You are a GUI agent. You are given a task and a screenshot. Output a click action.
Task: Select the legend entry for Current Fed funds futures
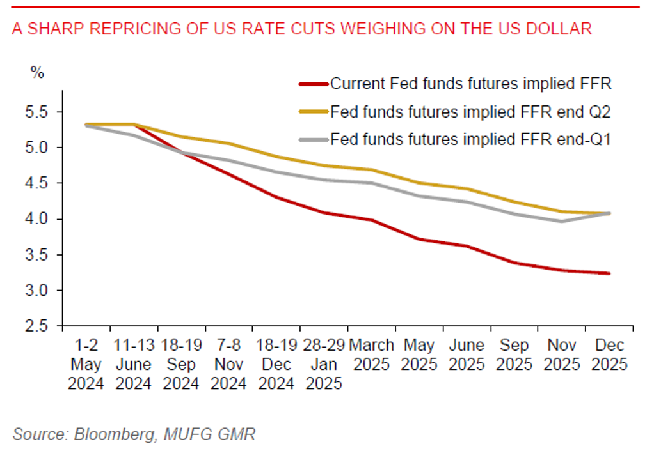470,84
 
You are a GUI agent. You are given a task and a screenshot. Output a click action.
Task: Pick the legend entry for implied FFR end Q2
471,112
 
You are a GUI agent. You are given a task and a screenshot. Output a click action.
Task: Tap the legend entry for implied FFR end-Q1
471,139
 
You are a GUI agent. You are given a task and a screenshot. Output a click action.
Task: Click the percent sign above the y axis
38,72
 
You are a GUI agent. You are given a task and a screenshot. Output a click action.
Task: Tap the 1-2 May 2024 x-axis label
86,365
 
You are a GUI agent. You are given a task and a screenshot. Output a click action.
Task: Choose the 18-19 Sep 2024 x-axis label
181,365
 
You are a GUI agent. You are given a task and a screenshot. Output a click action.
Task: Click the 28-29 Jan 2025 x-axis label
324,365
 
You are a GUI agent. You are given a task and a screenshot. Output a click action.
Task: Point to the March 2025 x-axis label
371,355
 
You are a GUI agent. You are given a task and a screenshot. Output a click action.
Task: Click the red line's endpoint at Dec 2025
609,273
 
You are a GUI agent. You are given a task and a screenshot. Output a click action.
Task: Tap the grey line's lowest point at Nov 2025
561,221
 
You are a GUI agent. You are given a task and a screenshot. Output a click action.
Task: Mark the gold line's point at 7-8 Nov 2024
229,143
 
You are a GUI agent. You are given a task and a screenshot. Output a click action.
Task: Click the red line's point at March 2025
372,220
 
